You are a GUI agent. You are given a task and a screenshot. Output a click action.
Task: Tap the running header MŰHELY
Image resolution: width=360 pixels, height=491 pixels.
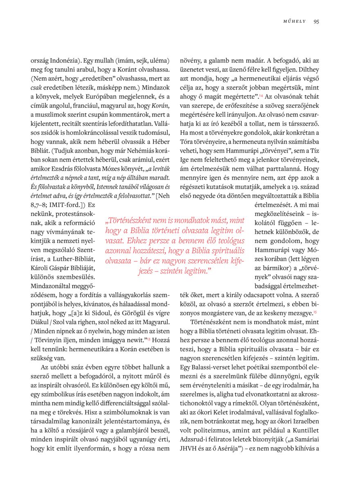click(x=295, y=22)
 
